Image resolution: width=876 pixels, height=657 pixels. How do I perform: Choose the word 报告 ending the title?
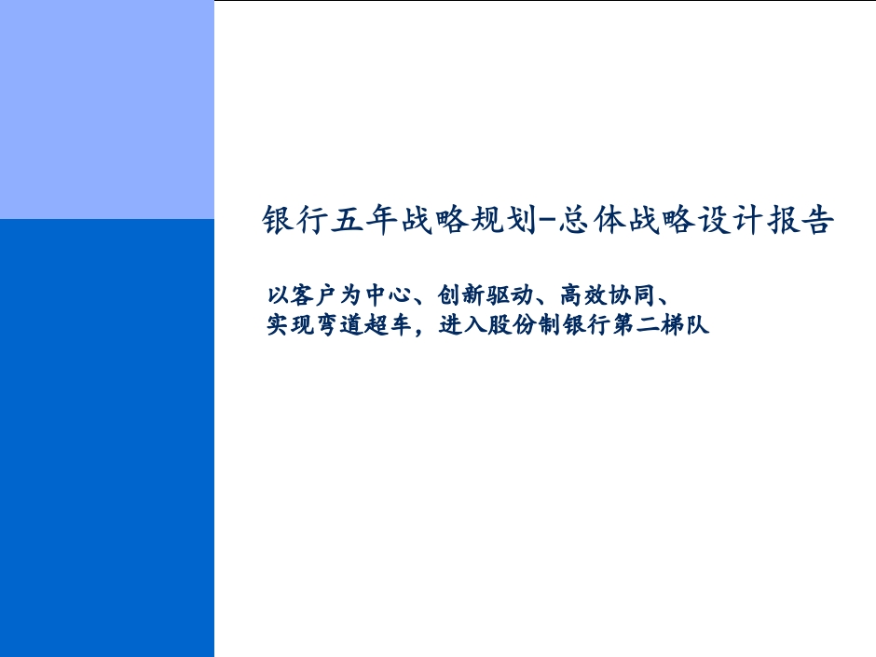[801, 219]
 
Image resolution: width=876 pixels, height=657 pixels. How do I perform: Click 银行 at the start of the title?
[295, 219]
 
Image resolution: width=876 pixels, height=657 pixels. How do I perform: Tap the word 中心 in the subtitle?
[389, 295]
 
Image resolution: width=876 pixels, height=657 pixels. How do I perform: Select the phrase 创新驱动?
[485, 295]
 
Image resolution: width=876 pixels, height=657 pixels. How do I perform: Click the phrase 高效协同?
[607, 295]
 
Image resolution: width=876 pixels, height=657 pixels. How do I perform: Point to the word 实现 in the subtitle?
[290, 324]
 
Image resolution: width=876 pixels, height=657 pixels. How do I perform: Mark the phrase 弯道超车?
[363, 324]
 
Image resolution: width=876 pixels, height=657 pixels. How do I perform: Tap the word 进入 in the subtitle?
[462, 324]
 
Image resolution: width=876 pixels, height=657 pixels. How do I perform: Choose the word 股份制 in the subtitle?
[524, 324]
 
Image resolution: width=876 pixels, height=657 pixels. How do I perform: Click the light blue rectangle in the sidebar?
[107, 110]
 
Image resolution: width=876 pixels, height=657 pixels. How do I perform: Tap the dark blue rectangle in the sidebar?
[107, 438]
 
